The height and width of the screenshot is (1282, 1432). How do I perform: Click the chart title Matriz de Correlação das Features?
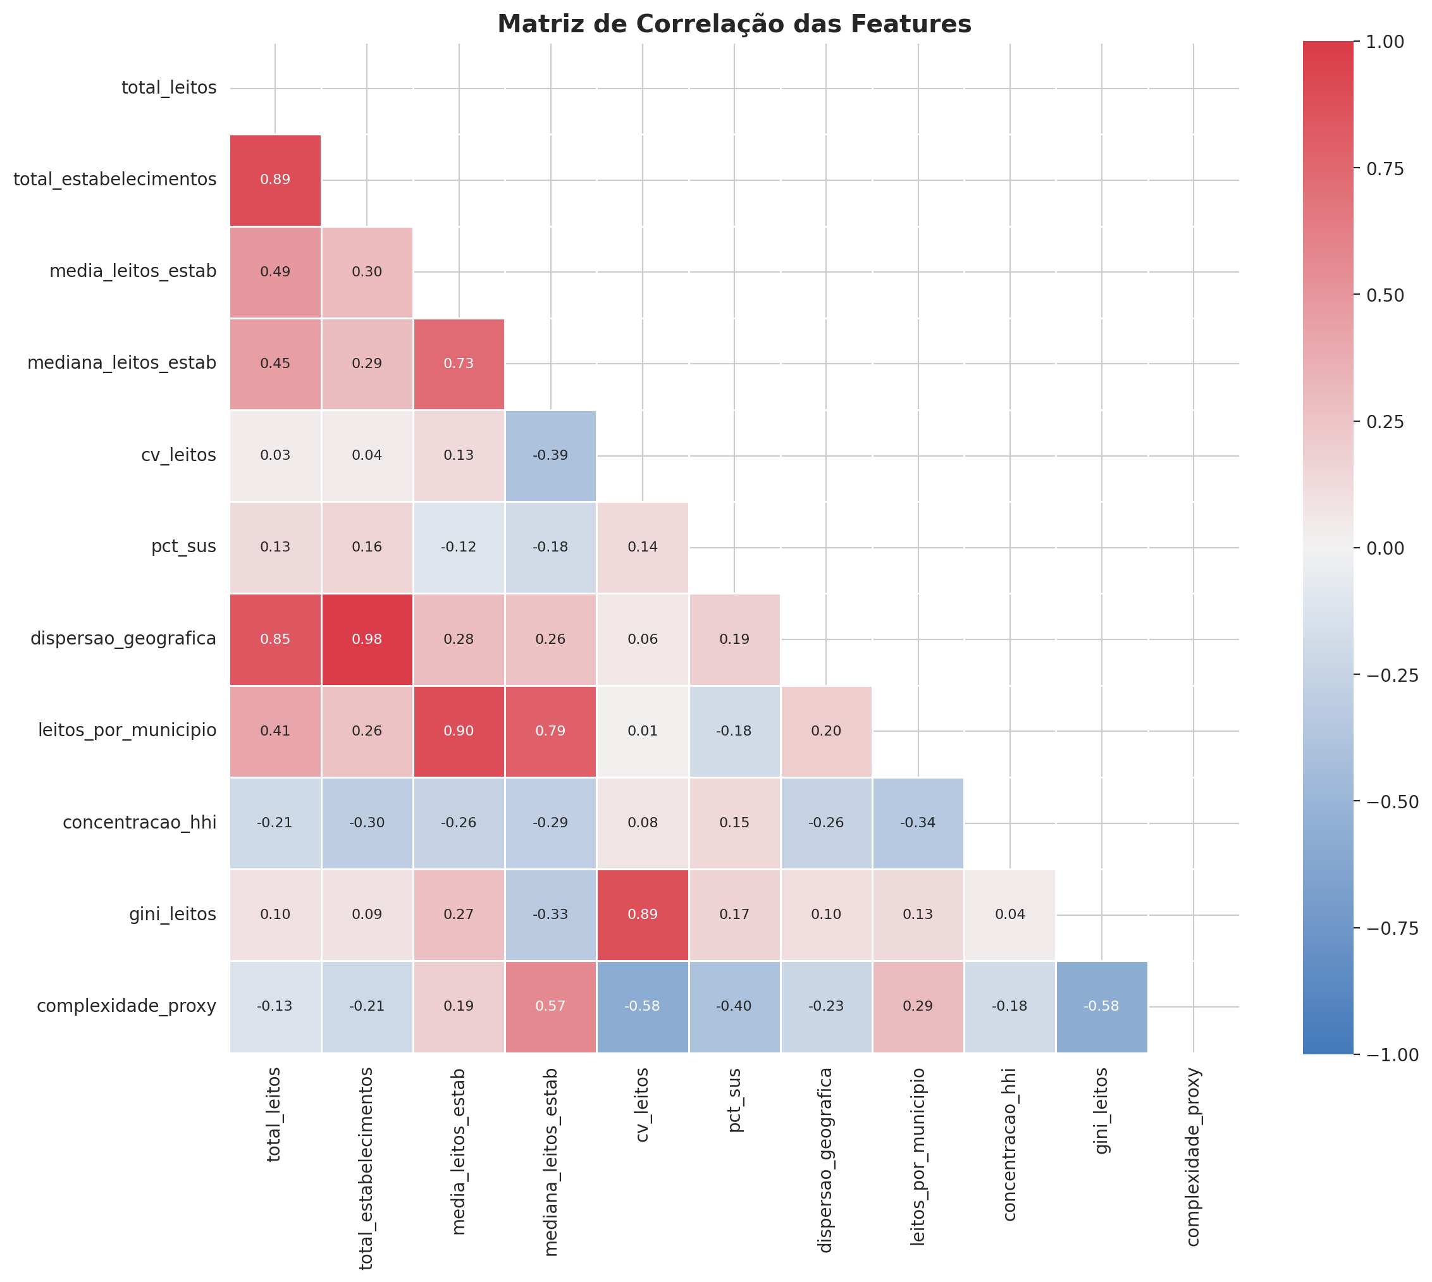pos(734,25)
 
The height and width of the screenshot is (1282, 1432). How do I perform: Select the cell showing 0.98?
pos(367,639)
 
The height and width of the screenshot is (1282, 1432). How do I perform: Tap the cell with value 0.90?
pos(459,730)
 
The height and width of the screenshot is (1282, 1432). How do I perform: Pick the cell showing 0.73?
pos(459,364)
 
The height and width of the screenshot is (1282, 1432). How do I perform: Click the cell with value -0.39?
pos(550,455)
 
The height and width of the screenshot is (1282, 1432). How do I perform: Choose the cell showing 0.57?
pos(550,1006)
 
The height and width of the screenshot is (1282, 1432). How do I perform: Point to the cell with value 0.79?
pos(550,730)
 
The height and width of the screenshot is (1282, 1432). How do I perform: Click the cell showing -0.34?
pos(918,823)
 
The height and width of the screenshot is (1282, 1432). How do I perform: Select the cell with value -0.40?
pos(734,1006)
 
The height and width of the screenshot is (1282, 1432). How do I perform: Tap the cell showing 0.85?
pos(275,639)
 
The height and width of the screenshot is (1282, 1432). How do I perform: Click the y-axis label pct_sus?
pos(184,546)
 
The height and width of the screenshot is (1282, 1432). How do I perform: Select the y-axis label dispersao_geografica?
pos(123,639)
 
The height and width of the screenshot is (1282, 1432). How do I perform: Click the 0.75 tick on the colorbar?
pos(1384,168)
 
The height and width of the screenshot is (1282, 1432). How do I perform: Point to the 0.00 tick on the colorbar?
pos(1384,548)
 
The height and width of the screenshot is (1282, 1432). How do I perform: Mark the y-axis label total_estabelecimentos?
pos(115,180)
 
